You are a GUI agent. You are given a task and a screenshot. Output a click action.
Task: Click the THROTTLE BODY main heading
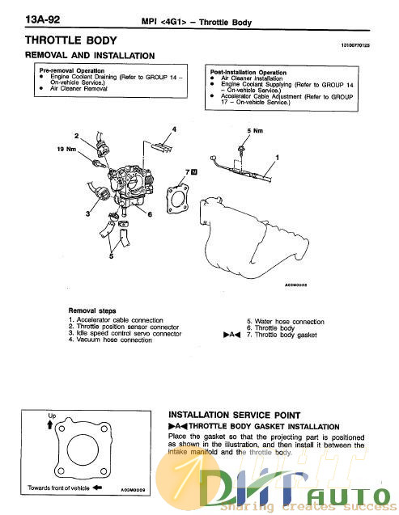pos(71,40)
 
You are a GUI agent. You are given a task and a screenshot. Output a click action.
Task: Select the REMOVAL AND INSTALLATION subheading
pos(90,55)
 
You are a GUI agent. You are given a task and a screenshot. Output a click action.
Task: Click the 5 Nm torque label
pos(253,129)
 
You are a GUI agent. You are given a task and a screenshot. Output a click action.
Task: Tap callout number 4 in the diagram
pos(174,130)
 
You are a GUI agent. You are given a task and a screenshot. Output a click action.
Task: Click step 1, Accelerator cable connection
pos(117,321)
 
